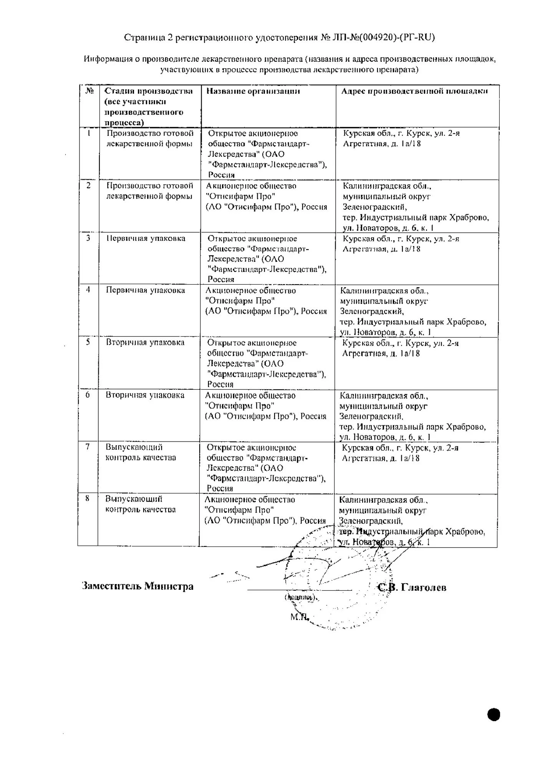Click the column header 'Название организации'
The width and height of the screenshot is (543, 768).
point(253,91)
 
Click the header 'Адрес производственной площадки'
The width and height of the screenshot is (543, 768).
point(414,91)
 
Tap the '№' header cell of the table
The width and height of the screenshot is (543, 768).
point(89,91)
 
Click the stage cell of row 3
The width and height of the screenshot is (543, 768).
point(146,238)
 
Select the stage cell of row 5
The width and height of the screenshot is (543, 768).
point(145,343)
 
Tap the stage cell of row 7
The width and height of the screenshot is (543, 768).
point(141,452)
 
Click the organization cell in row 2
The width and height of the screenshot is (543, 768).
point(267,196)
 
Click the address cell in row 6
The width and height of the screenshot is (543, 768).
point(412,416)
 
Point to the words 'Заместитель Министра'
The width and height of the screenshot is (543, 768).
point(137,586)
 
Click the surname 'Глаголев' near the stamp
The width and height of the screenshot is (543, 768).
point(423,588)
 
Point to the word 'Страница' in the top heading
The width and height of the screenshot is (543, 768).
point(143,37)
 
